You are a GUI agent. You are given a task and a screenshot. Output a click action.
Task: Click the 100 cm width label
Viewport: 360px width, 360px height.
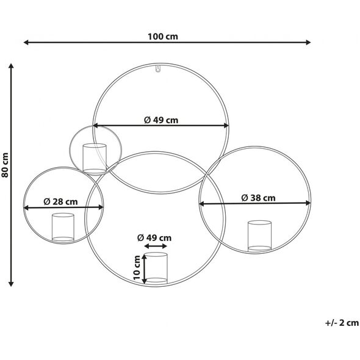click(162, 37)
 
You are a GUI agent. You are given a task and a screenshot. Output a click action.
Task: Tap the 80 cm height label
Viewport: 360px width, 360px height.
click(5, 165)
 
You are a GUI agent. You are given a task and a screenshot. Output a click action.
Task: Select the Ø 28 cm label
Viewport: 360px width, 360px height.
click(60, 201)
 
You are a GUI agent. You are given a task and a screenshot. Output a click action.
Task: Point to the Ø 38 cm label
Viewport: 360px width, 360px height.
click(258, 198)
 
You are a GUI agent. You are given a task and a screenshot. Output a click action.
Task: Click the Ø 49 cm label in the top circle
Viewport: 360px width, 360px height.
click(161, 120)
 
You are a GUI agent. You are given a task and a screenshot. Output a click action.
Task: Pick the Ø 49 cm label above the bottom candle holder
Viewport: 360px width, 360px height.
click(154, 237)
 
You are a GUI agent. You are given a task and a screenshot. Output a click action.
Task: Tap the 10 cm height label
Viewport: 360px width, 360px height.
click(137, 267)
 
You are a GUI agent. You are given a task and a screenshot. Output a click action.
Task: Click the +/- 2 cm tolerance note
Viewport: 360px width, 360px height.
click(342, 323)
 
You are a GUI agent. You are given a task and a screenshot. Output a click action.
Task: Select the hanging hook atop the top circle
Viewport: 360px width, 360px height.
click(157, 69)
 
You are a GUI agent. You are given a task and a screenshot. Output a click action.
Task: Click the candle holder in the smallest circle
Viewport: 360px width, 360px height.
click(95, 158)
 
